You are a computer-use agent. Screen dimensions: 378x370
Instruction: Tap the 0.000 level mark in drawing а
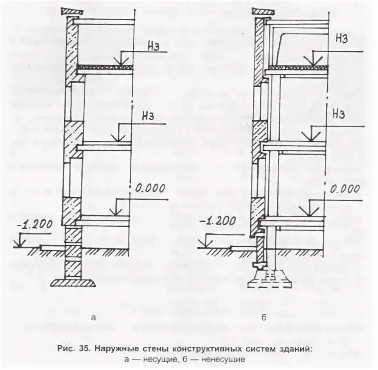(150, 189)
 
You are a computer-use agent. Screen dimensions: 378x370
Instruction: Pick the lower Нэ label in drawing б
(339, 113)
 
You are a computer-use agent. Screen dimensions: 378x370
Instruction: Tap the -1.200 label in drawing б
(218, 221)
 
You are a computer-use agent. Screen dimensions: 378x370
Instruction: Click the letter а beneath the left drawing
(95, 317)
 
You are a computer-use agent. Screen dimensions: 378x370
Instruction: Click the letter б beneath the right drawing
(264, 317)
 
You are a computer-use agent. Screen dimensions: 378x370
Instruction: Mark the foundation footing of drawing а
(74, 282)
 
